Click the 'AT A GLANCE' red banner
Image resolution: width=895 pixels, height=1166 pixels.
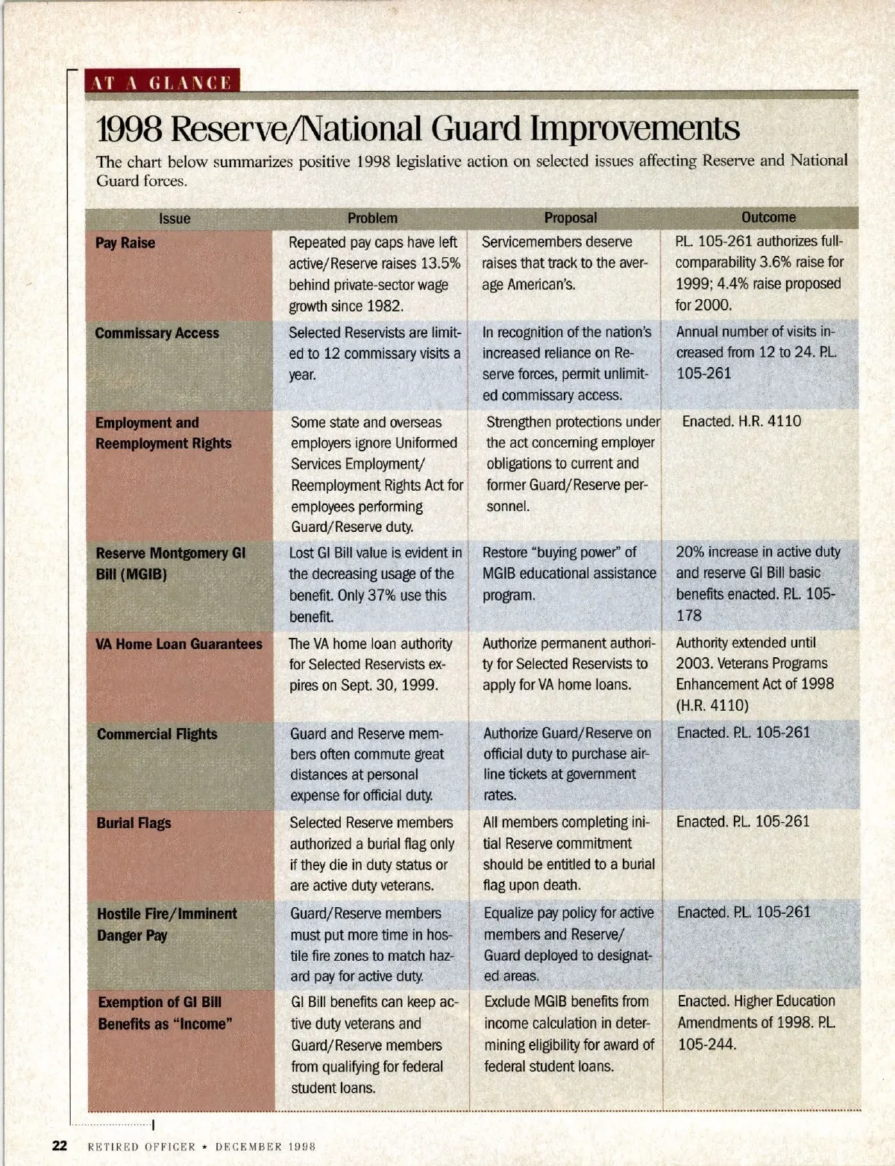click(162, 81)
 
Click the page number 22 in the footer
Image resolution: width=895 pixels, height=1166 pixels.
click(60, 1146)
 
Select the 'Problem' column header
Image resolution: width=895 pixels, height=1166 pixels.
click(372, 218)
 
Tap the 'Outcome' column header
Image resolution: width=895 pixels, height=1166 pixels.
click(768, 217)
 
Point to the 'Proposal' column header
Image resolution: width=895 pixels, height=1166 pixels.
click(570, 218)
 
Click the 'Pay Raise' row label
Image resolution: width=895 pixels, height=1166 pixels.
click(125, 242)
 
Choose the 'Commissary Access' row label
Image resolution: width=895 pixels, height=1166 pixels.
click(157, 333)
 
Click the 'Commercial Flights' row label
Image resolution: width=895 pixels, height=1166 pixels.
click(157, 734)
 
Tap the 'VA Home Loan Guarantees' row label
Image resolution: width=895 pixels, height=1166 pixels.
click(178, 644)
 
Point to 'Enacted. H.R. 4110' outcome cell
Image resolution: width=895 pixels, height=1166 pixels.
click(741, 421)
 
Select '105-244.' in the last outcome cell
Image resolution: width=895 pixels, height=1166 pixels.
click(706, 1044)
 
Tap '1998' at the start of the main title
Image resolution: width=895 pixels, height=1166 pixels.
click(129, 129)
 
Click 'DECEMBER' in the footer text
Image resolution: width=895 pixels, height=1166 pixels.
click(249, 1147)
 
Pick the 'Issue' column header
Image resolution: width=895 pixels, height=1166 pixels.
click(175, 219)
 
